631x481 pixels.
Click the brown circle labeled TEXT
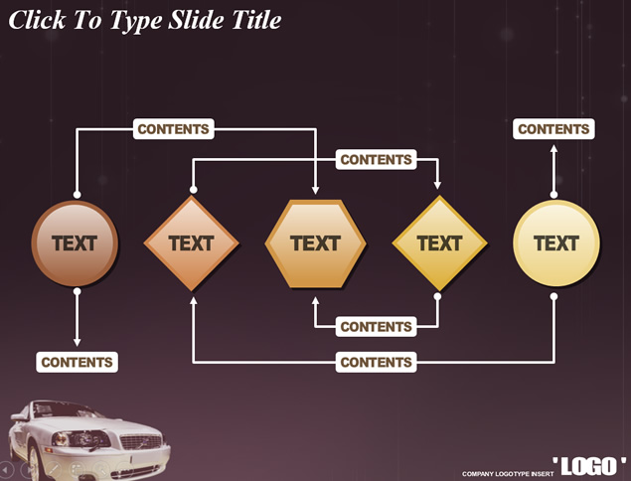[x=76, y=243]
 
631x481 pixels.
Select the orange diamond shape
[x=192, y=243]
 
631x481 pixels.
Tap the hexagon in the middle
[x=316, y=243]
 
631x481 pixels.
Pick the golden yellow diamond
[x=439, y=243]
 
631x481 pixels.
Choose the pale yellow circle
[x=555, y=243]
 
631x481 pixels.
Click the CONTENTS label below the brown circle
[x=77, y=363]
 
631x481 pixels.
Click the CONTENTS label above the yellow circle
[x=553, y=129]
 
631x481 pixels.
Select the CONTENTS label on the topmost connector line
[x=173, y=129]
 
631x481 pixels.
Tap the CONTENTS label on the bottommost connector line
[x=376, y=363]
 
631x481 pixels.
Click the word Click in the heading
[x=37, y=20]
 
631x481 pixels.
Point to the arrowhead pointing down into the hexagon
[x=316, y=190]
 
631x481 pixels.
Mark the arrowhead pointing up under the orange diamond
[x=193, y=300]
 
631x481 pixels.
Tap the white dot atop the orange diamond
[x=193, y=189]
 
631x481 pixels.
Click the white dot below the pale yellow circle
[x=553, y=296]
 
